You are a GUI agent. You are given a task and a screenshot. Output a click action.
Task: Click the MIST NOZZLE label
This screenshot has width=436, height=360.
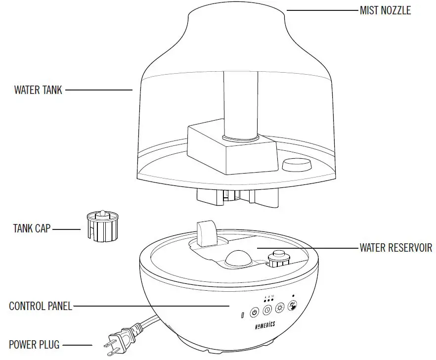tap(385, 10)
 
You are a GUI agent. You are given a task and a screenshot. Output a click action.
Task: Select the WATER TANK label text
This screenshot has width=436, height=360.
tap(38, 90)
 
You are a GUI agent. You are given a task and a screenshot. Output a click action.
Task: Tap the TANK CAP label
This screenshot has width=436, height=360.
tap(31, 229)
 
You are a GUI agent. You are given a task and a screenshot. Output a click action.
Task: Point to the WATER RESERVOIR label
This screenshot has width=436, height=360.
tap(395, 247)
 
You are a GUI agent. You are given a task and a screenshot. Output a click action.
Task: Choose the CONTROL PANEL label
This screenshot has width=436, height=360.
tap(41, 306)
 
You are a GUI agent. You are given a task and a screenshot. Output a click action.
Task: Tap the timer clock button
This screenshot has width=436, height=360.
tap(267, 311)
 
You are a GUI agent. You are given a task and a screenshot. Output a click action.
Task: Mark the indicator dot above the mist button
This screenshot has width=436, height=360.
tap(294, 296)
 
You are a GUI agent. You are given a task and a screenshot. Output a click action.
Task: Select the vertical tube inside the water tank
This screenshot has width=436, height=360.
tap(241, 104)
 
